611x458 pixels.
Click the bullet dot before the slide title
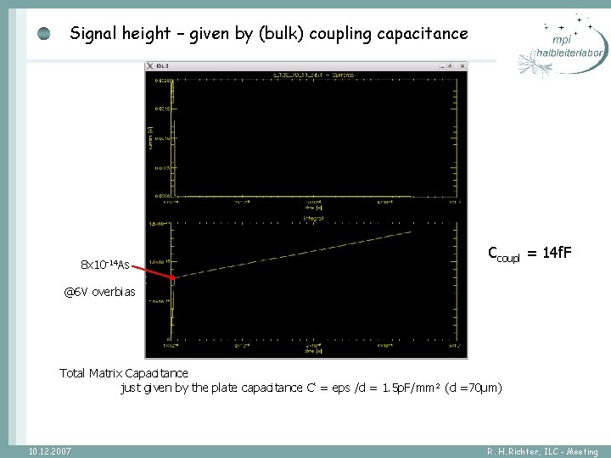[44, 34]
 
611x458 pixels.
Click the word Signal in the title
[92, 34]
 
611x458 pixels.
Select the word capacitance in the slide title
[423, 34]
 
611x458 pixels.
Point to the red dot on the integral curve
[175, 277]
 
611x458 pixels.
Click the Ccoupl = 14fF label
[530, 253]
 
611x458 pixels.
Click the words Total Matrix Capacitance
[124, 372]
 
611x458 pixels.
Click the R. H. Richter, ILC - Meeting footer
[542, 451]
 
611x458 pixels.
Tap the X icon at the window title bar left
[150, 65]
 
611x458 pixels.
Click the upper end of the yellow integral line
[412, 231]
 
